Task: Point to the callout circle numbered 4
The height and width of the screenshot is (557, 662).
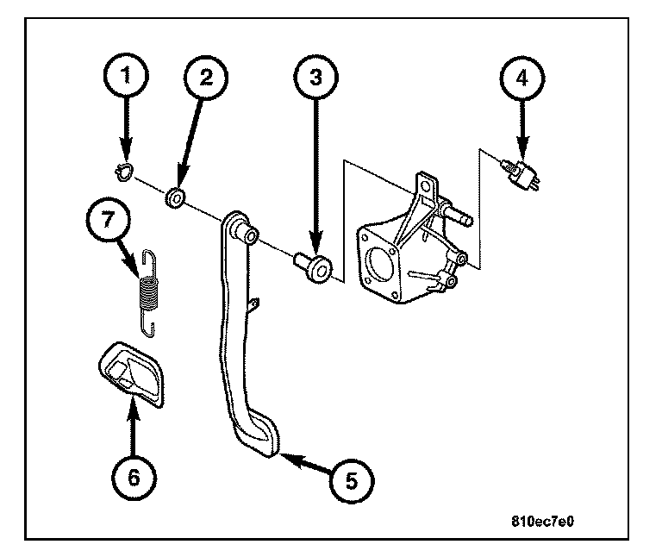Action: point(521,78)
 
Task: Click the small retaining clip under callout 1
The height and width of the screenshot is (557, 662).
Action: point(122,172)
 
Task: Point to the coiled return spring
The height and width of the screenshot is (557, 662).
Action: point(150,289)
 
